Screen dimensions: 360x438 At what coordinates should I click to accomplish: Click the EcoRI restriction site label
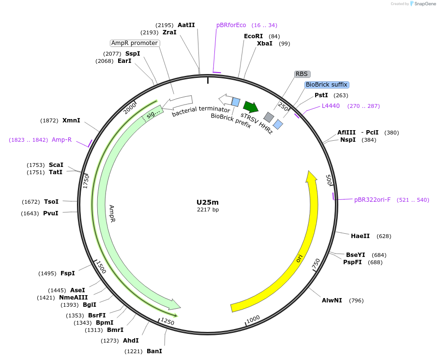pos(254,36)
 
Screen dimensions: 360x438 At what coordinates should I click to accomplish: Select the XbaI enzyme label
pos(265,44)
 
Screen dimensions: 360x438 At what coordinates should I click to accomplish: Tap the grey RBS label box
pos(302,74)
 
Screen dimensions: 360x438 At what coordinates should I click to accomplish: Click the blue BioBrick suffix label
pos(326,85)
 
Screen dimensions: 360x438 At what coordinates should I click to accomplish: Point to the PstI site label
pos(321,95)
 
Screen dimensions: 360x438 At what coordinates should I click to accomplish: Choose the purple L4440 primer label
pos(331,106)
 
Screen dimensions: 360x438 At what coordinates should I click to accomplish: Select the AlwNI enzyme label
pos(332,300)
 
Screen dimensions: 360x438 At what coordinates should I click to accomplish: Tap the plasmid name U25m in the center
pos(208,202)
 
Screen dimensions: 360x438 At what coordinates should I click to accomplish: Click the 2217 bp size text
pos(208,210)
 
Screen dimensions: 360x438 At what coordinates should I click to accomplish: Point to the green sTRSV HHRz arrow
pos(251,106)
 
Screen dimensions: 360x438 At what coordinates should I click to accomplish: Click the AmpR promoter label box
pos(135,43)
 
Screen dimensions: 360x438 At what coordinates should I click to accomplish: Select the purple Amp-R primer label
pos(61,140)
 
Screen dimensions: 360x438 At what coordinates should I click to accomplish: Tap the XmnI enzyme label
pos(71,120)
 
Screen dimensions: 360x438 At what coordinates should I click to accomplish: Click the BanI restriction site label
pos(154,351)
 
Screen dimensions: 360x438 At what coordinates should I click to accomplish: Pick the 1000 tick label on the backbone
pos(253,318)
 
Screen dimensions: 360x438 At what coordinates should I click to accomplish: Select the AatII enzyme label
pos(186,25)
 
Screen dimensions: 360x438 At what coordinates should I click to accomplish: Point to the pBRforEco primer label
pos(231,25)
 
